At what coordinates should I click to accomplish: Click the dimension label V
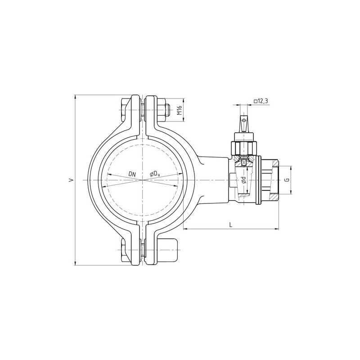72,180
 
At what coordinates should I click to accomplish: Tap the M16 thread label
180,110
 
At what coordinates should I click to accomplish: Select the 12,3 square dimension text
261,101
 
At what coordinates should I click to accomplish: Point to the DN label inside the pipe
132,174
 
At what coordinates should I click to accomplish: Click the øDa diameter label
155,175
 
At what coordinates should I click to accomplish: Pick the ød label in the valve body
243,180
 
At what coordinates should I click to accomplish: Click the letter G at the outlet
287,180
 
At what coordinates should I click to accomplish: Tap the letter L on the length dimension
231,225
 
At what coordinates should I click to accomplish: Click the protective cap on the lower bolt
167,250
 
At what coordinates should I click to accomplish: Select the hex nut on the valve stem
244,148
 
